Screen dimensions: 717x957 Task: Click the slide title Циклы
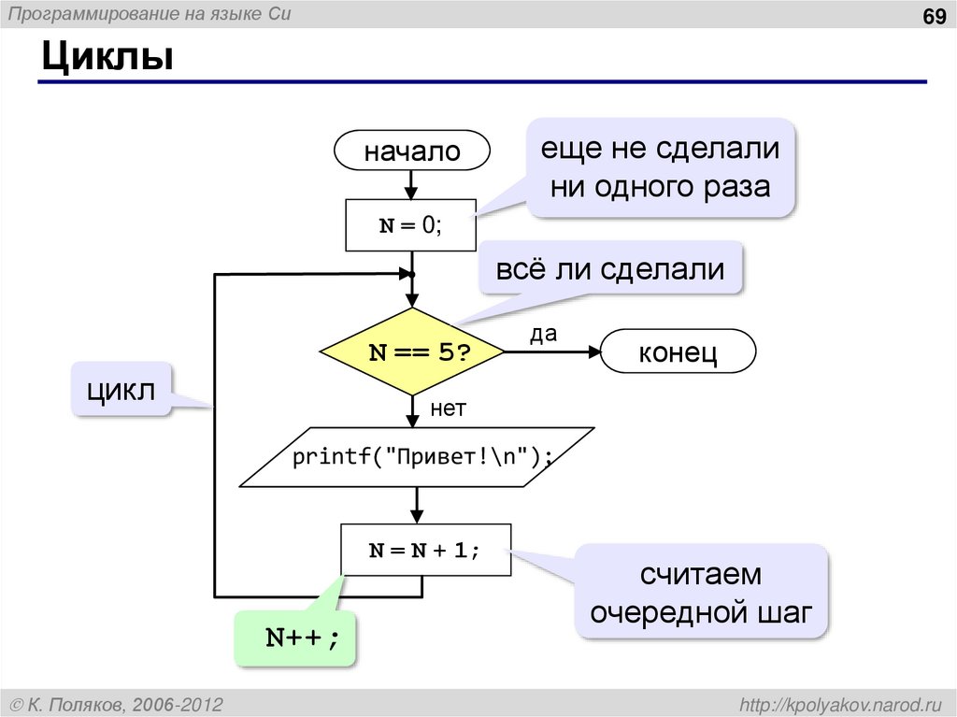pyautogui.click(x=106, y=57)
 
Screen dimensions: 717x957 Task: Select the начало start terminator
pyautogui.click(x=412, y=151)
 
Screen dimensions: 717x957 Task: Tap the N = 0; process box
pyautogui.click(x=411, y=225)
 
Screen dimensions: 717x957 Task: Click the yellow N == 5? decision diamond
pyautogui.click(x=412, y=352)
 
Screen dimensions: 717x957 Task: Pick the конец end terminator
pyautogui.click(x=678, y=352)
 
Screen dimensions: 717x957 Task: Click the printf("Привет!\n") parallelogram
pyautogui.click(x=417, y=457)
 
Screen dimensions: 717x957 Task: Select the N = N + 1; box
pyautogui.click(x=424, y=550)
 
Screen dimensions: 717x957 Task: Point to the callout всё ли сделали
pyautogui.click(x=610, y=269)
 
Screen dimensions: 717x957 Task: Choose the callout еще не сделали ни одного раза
pyautogui.click(x=661, y=168)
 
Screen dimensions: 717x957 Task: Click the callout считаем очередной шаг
pyautogui.click(x=701, y=592)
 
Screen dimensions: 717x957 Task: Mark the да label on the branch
pyautogui.click(x=543, y=335)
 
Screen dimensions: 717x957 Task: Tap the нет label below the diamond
pyautogui.click(x=448, y=408)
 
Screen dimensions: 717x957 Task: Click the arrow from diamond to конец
pyautogui.click(x=551, y=352)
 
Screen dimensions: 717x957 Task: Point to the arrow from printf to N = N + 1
pyautogui.click(x=417, y=505)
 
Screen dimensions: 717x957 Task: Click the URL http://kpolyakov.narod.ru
pyautogui.click(x=841, y=703)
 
